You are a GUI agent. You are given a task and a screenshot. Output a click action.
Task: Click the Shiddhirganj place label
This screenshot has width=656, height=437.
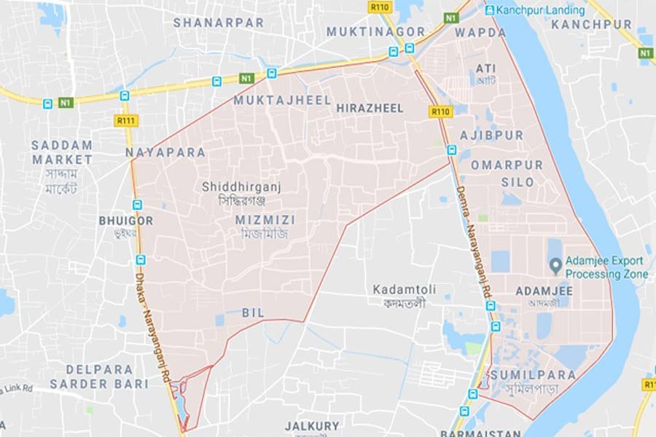[241, 187]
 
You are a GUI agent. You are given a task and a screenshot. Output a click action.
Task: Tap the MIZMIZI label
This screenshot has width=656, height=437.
[265, 219]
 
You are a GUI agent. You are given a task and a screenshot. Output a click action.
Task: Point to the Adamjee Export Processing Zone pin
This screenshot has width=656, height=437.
[555, 264]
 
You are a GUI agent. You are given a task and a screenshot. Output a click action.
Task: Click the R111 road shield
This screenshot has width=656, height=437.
[126, 120]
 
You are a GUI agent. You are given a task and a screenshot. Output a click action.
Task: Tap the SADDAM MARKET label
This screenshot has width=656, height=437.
[62, 152]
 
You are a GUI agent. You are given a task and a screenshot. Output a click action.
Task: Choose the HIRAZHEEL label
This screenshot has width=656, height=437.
[370, 108]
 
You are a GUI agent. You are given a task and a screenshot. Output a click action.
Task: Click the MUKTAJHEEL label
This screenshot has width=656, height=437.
[282, 101]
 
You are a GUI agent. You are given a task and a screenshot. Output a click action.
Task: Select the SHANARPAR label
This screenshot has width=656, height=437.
[218, 23]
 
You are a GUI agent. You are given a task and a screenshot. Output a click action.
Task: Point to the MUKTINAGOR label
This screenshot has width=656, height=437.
[375, 32]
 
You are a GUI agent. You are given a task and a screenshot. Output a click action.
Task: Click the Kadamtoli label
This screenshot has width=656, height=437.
[405, 289]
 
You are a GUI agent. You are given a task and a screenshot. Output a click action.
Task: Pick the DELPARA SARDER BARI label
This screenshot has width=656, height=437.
[99, 377]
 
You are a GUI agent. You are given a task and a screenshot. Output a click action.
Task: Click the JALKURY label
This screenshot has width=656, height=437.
[312, 425]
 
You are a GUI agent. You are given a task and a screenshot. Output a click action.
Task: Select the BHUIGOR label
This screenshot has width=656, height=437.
[126, 220]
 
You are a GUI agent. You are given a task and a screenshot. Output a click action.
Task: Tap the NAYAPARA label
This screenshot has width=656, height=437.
[165, 153]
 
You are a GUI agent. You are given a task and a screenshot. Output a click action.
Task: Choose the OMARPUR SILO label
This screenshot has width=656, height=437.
[507, 173]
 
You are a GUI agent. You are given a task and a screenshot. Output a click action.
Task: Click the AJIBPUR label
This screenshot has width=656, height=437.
[491, 135]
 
